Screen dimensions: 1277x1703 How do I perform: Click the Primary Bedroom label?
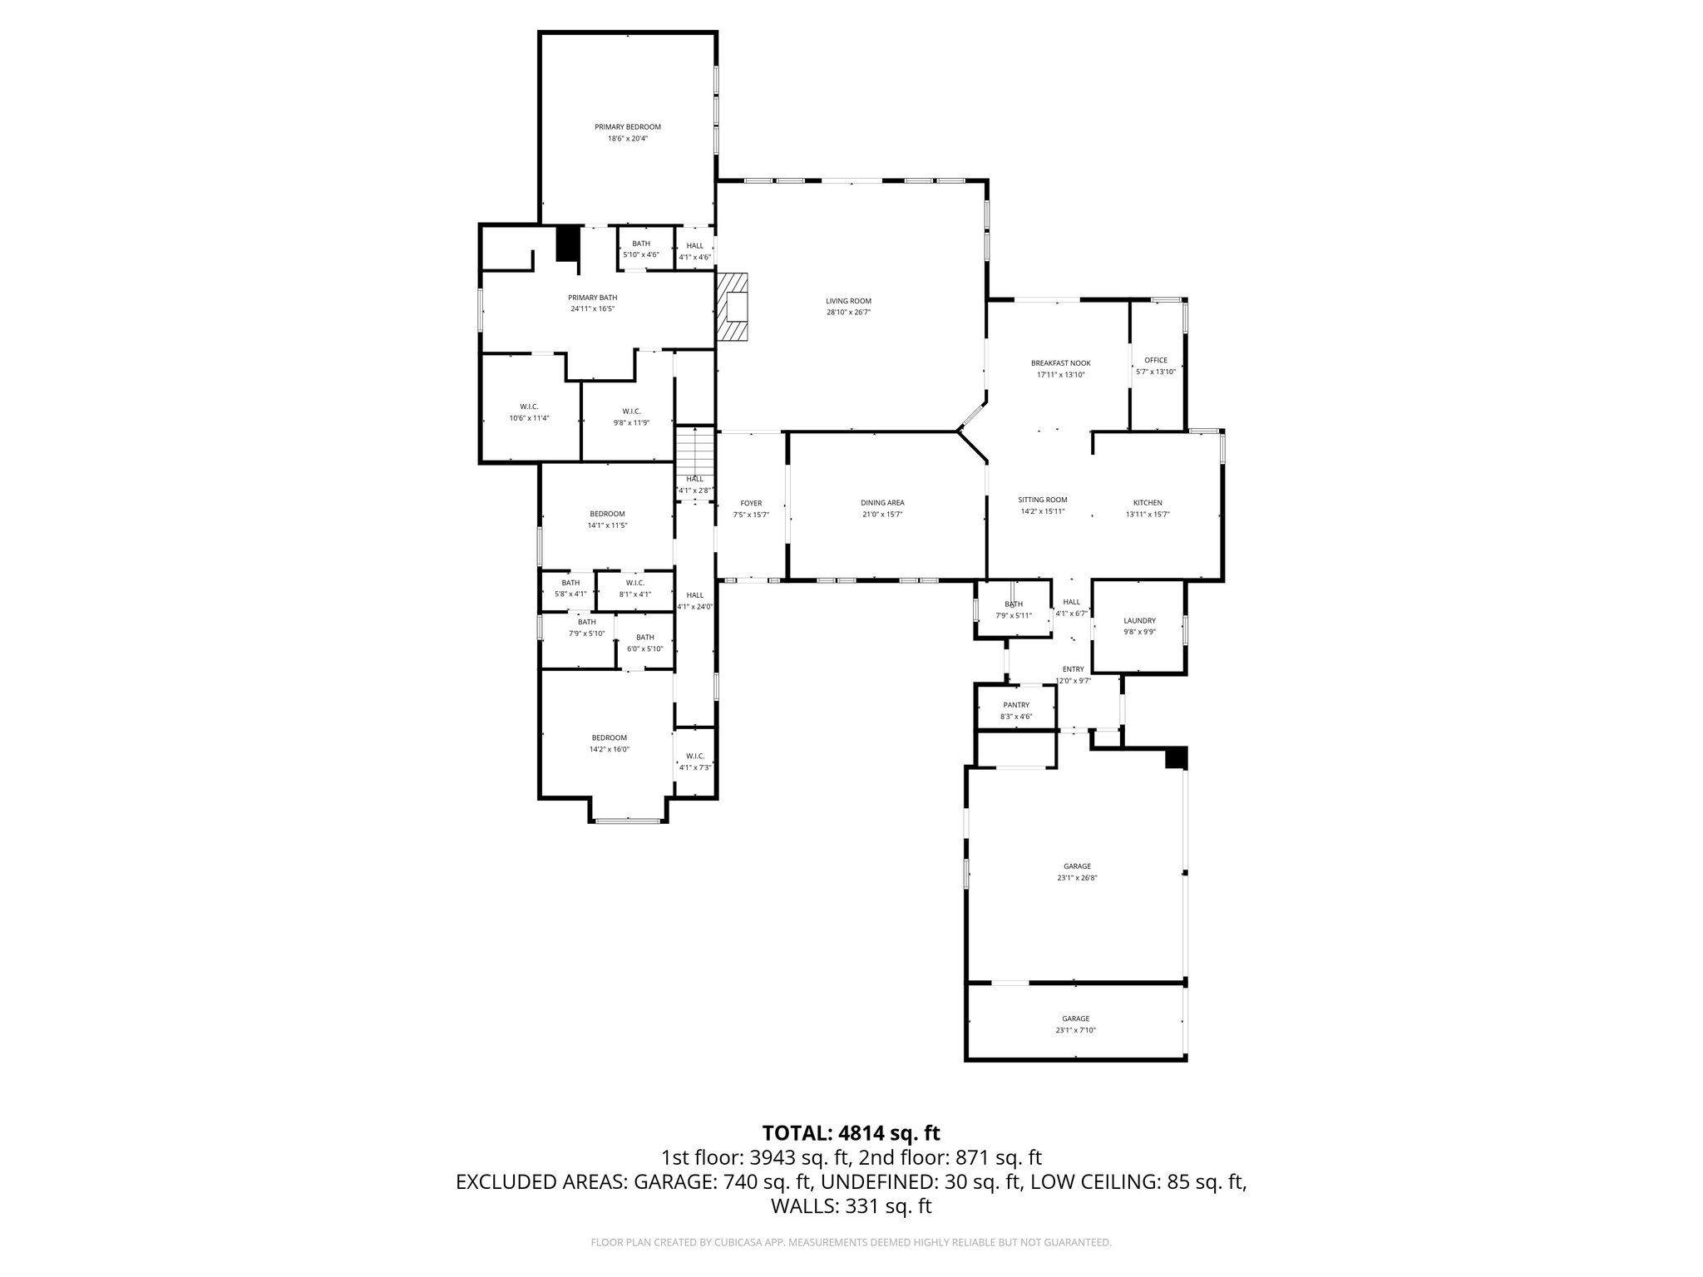click(x=627, y=127)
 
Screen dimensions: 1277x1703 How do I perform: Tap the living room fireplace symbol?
click(x=734, y=307)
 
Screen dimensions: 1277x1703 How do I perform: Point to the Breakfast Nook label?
click(x=1060, y=363)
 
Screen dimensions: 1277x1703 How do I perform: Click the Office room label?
click(x=1155, y=361)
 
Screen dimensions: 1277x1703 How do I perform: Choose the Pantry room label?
click(x=1015, y=705)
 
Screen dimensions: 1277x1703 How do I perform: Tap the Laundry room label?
click(x=1138, y=621)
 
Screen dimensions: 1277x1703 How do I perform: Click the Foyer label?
click(x=750, y=503)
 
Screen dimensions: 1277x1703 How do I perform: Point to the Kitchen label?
click(x=1147, y=503)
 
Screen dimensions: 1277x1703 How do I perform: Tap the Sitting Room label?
click(x=1042, y=500)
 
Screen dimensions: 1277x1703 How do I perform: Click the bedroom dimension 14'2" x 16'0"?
click(x=609, y=749)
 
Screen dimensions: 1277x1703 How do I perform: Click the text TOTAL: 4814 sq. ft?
click(x=851, y=1132)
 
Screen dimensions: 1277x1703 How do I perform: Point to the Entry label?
click(x=1073, y=669)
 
